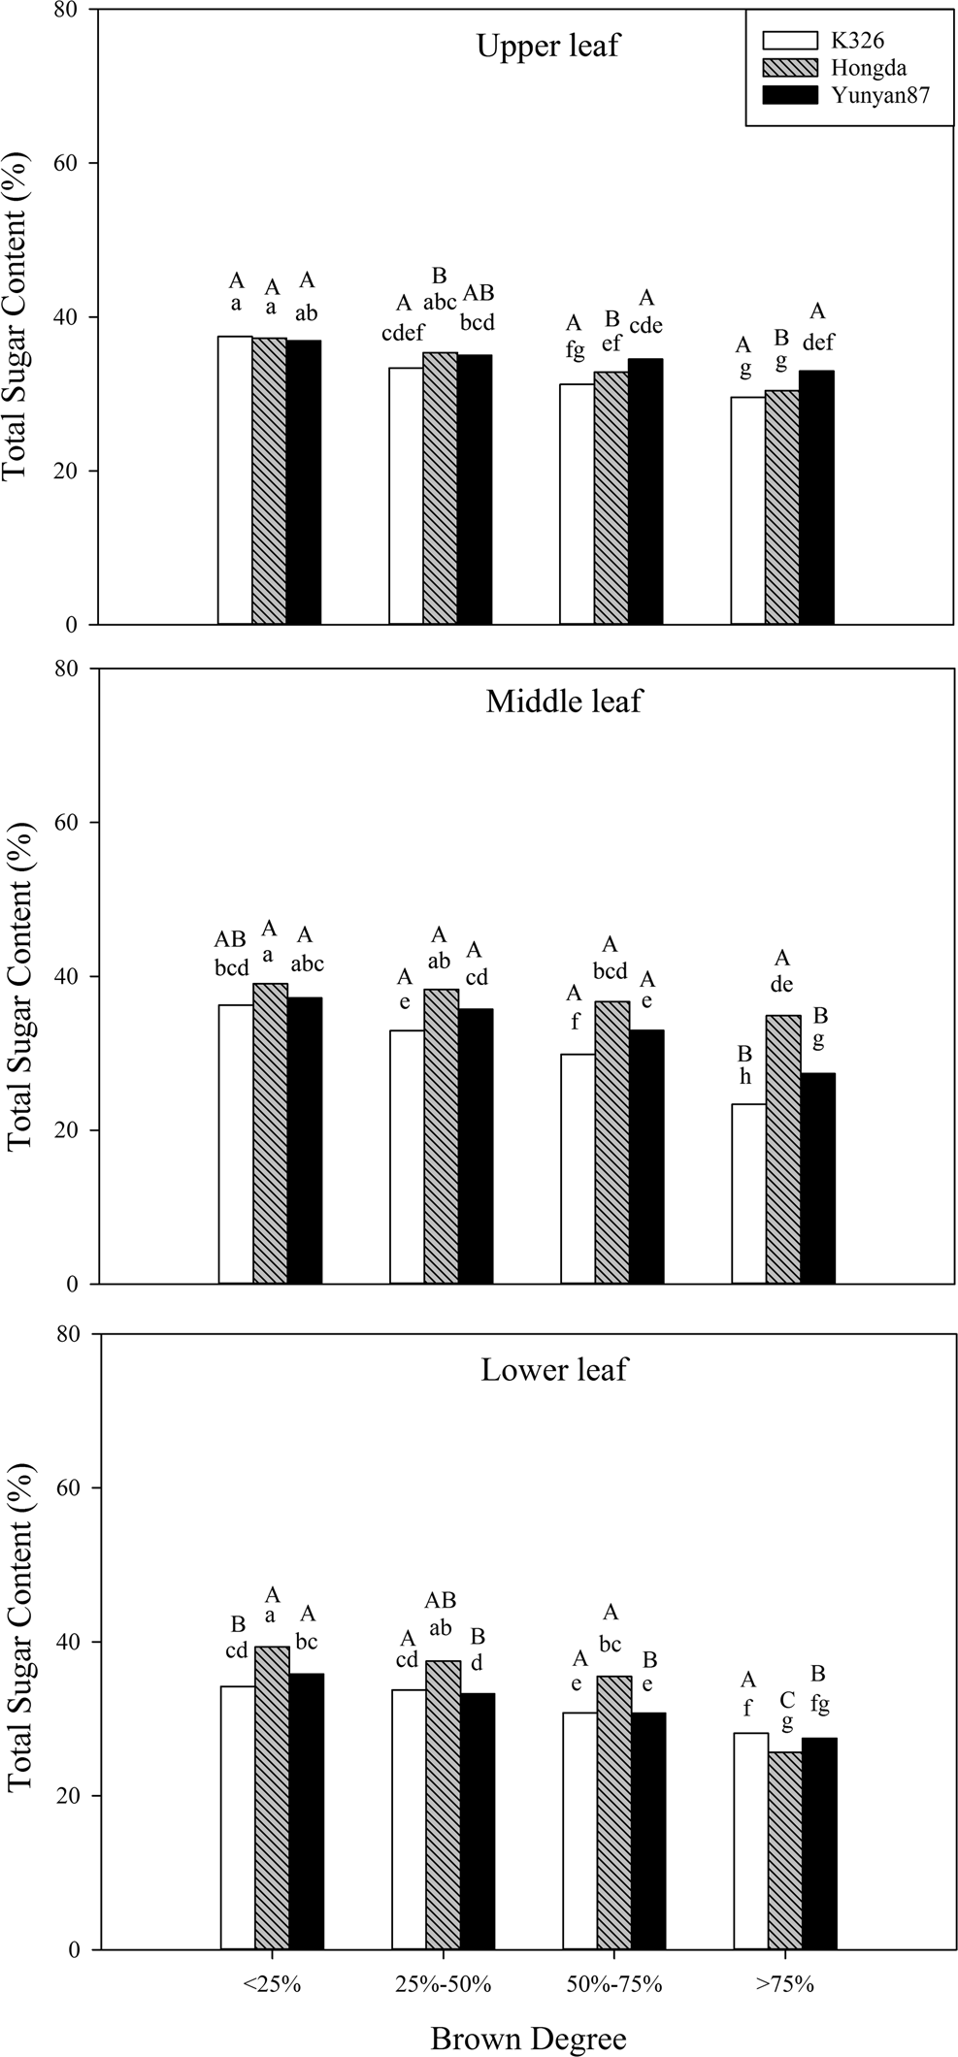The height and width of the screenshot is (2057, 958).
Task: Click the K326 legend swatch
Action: (x=790, y=41)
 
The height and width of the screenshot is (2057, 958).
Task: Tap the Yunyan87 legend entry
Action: (x=873, y=94)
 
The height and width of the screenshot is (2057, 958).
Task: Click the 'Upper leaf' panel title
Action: (x=547, y=46)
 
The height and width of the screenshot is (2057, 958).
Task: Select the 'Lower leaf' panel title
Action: (x=554, y=1369)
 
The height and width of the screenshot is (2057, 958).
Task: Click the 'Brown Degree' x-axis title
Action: (x=528, y=2038)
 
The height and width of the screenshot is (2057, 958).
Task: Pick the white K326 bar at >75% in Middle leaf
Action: (x=748, y=1193)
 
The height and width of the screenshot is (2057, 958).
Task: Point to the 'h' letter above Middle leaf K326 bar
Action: (x=745, y=1077)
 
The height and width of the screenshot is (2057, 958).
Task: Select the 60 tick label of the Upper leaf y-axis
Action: (x=78, y=163)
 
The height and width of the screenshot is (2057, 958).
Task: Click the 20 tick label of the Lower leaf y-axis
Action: (x=78, y=1796)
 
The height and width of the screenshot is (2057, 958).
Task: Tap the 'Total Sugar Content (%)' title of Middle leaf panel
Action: (x=19, y=977)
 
